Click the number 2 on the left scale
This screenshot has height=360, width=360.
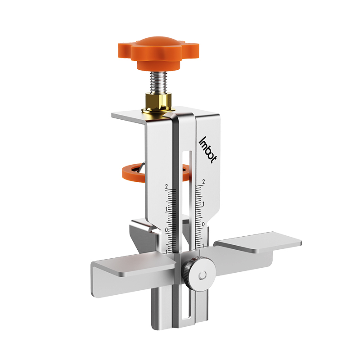click(166, 187)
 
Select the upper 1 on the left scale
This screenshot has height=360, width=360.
click(166, 209)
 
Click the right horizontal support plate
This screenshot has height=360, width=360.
click(259, 243)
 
